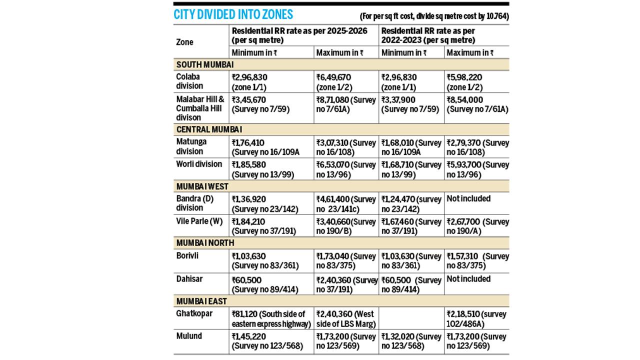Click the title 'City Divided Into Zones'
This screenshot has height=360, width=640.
(233, 14)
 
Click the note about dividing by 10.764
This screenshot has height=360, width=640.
(434, 16)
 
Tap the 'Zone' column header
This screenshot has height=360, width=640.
(184, 42)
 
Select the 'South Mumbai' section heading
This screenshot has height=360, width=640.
(205, 65)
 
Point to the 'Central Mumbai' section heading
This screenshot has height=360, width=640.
(209, 129)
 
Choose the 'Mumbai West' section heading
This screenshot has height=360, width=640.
(202, 186)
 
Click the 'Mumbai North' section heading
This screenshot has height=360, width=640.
(205, 243)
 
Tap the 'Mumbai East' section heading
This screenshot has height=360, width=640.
(201, 301)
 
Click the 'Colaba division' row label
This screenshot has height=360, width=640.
(189, 81)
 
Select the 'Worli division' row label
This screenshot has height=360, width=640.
(199, 164)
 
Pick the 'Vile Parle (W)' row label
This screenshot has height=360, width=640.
(199, 221)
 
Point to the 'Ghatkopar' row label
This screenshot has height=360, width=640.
(194, 313)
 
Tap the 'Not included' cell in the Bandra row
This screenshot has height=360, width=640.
(468, 198)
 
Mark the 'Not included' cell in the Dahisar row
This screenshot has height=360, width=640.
(468, 279)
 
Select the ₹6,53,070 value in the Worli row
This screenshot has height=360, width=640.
(333, 165)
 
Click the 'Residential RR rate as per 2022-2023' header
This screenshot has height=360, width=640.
(428, 35)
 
